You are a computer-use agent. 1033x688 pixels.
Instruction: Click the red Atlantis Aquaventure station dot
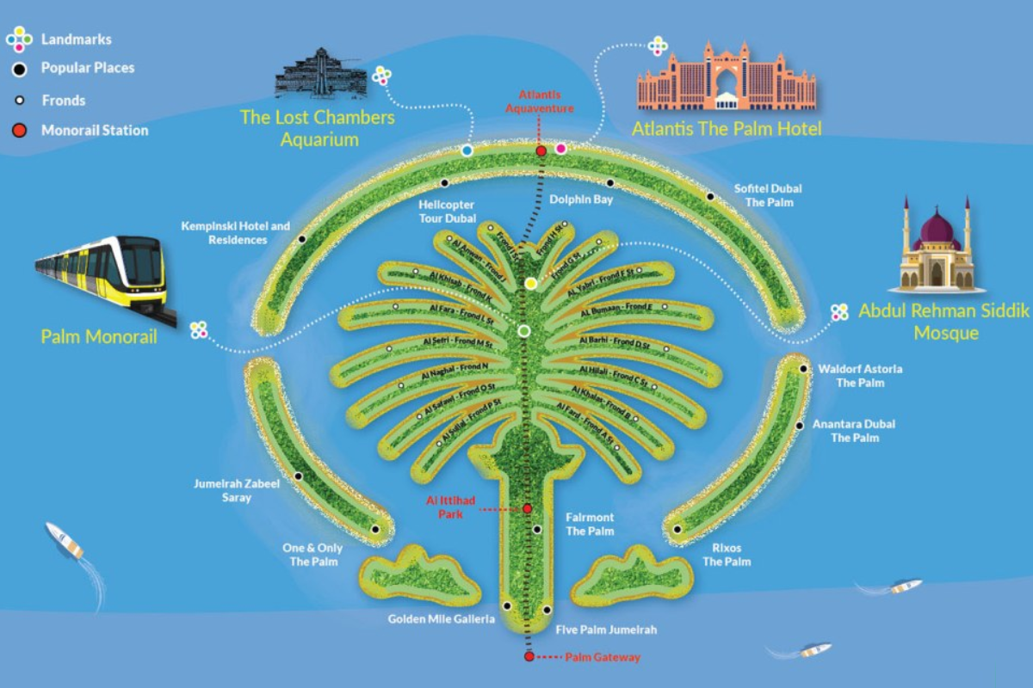541,151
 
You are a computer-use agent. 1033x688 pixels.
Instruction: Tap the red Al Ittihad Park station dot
528,509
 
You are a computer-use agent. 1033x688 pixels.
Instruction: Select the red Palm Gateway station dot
529,657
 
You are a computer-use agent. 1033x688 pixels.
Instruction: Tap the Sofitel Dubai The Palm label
763,195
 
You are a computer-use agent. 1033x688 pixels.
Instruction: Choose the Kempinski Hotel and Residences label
236,233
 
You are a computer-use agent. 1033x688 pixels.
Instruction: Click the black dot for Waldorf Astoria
803,369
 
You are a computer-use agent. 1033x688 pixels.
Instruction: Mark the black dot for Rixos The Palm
678,530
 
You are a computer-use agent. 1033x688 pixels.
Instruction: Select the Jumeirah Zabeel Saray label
237,490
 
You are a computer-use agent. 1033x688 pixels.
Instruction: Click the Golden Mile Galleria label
442,619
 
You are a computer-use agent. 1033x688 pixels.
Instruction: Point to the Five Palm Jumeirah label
606,630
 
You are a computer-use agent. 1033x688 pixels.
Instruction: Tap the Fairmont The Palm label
590,524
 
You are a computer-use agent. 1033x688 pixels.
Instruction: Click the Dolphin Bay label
581,200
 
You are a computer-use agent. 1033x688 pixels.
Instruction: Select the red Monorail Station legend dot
20,131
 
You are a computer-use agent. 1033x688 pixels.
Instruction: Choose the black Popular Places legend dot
20,68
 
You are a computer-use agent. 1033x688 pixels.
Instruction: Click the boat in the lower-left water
65,540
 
